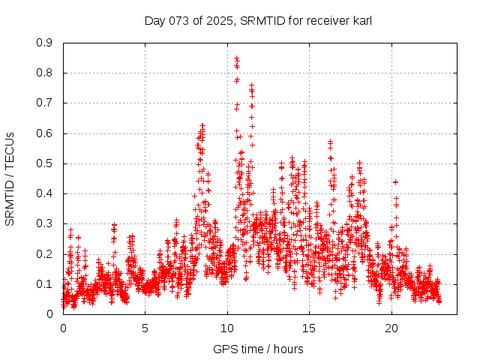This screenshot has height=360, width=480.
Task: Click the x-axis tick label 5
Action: [x=145, y=328]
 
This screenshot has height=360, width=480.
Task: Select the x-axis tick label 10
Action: [x=227, y=328]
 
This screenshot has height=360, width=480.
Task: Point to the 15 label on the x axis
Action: [x=310, y=328]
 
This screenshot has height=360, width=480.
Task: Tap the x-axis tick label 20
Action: [x=391, y=328]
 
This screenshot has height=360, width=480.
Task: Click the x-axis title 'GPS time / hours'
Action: [x=258, y=349]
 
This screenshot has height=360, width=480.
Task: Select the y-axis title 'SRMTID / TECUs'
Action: [x=10, y=178]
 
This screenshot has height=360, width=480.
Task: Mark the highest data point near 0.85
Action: [x=236, y=58]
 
